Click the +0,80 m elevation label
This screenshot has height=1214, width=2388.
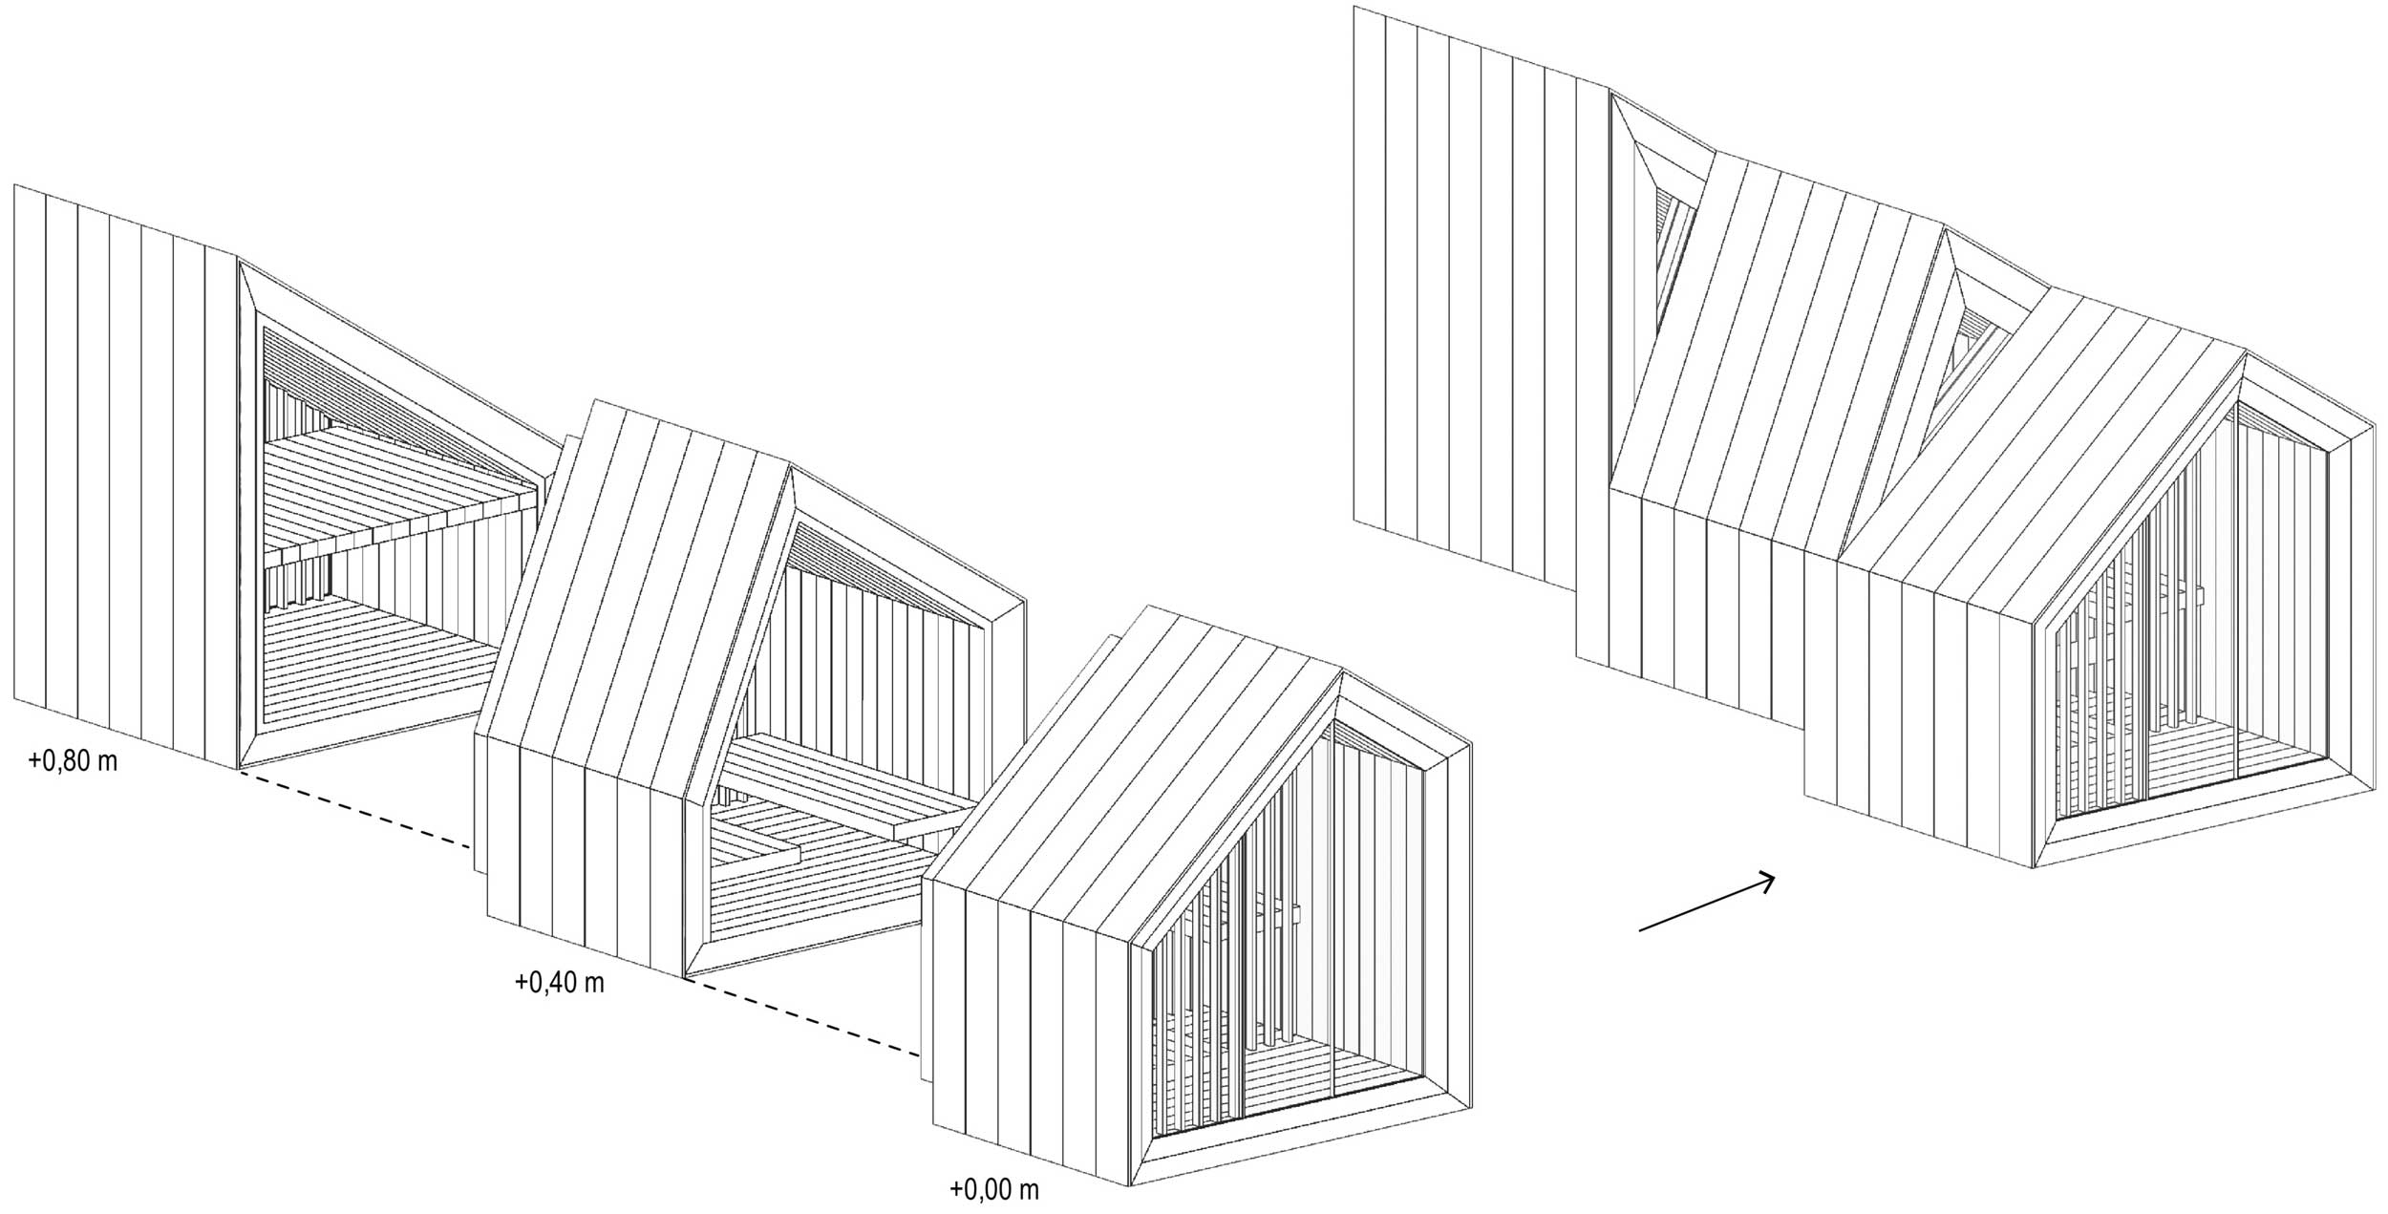click(x=74, y=761)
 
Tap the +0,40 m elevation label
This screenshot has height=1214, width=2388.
click(x=560, y=981)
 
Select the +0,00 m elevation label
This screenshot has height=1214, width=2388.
click(x=994, y=1189)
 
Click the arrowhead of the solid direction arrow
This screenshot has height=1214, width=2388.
click(x=1765, y=881)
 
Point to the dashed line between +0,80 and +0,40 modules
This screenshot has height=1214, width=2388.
click(x=355, y=808)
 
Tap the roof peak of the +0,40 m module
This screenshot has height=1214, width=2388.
click(x=791, y=467)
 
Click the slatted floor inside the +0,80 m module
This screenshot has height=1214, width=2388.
click(x=382, y=659)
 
